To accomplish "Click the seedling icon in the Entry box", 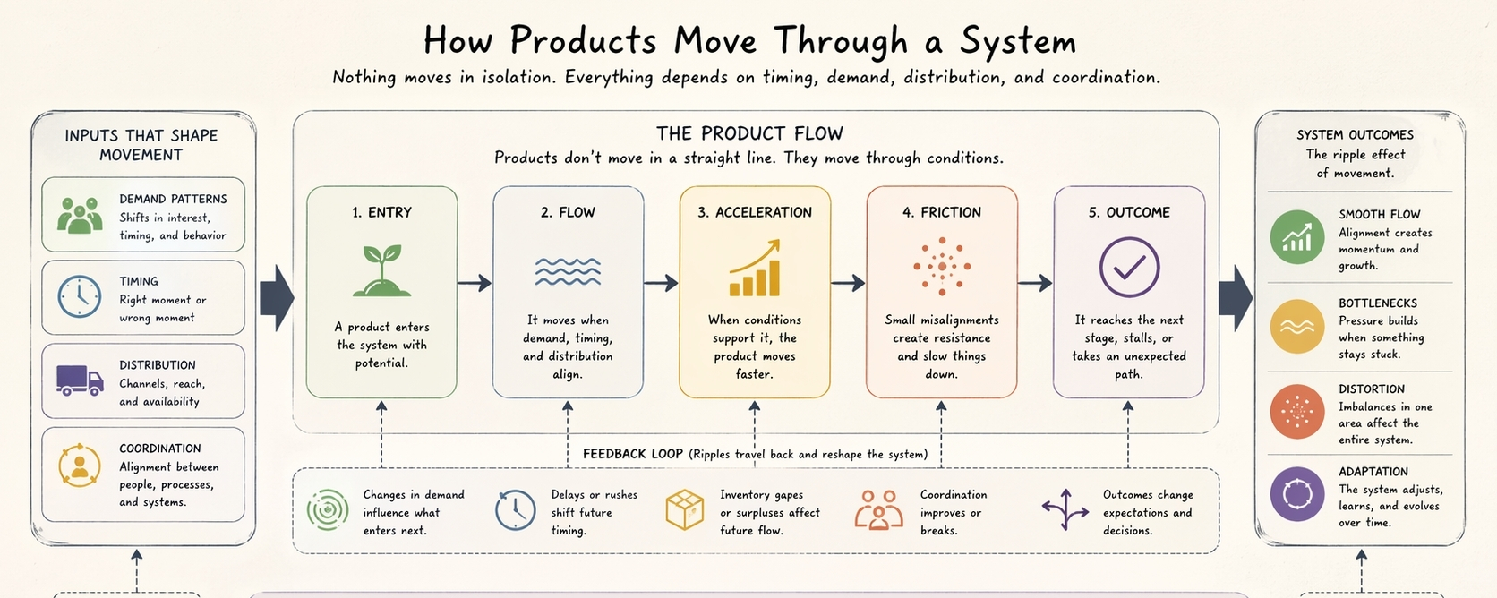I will [382, 270].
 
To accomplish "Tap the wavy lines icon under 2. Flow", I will [568, 271].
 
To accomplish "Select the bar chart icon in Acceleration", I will [755, 269].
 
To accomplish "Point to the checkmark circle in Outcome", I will [1129, 267].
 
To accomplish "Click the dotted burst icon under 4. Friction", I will [942, 267].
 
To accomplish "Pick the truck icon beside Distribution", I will [80, 380].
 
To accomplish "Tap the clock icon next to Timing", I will [80, 297].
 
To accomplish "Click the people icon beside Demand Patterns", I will [80, 216].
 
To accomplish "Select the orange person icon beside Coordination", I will [80, 465].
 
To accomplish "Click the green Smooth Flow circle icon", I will [1296, 237].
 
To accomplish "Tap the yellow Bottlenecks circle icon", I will [1296, 327].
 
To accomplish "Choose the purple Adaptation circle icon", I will [1296, 494].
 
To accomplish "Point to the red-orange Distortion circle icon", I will [1296, 411].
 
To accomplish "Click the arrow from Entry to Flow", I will [475, 283].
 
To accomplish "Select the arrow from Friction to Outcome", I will [1035, 283].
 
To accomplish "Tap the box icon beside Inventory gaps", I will [685, 510].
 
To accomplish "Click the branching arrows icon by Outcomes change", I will [1065, 510].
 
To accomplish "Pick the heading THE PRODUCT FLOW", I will [749, 133].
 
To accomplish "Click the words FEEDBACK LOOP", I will [632, 454].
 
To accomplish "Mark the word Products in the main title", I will [583, 41].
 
